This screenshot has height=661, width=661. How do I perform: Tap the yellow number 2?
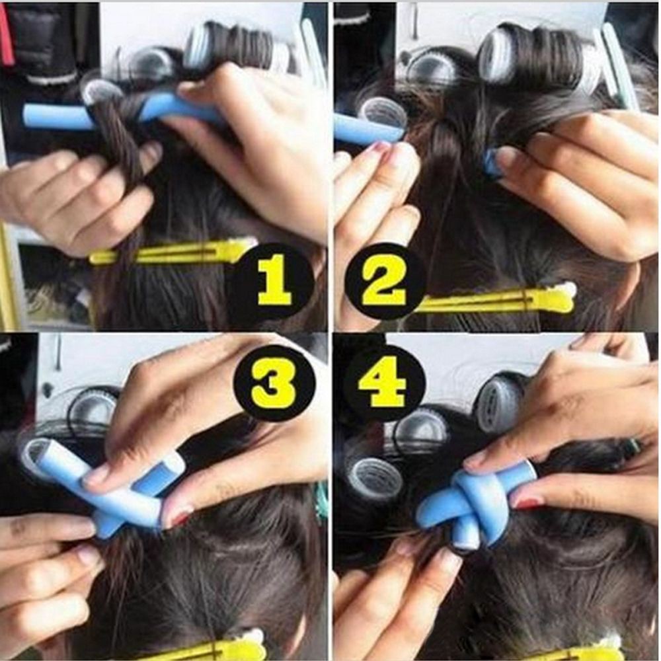[x=383, y=283]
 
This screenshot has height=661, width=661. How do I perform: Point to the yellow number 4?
[x=381, y=382]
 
